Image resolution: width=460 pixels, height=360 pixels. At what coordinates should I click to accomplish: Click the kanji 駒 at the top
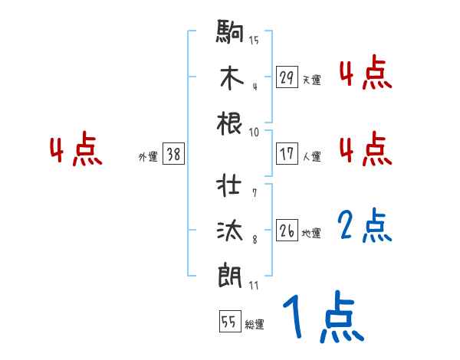[231, 34]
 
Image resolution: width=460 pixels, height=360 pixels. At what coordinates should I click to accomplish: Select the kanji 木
[231, 78]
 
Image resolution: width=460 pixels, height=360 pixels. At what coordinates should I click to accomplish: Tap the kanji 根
[231, 123]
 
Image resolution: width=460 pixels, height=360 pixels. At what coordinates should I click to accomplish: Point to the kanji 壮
[231, 186]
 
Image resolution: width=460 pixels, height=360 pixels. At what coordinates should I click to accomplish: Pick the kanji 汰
[231, 231]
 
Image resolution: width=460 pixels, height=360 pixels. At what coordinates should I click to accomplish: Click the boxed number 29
[287, 77]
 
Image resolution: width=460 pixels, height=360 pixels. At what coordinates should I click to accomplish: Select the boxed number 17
[287, 154]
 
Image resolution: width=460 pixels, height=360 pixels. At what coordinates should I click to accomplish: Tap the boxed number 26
[287, 231]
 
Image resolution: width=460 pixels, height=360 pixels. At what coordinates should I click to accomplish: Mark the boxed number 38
[173, 155]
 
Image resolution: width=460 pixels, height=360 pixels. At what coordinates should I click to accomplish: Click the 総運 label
[255, 324]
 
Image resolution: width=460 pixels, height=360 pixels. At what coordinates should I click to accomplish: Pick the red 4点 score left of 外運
[76, 150]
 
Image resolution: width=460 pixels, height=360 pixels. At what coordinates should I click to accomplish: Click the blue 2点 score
[365, 227]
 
